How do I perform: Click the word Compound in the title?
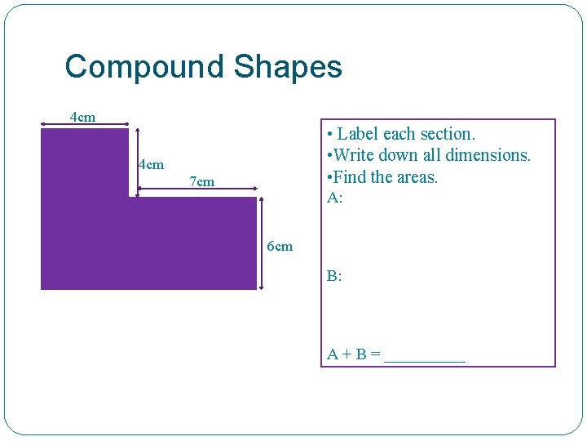(x=146, y=67)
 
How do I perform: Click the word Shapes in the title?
(x=288, y=67)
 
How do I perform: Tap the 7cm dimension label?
(x=202, y=182)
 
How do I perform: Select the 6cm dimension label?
(x=280, y=247)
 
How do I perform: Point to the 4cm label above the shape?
(x=82, y=117)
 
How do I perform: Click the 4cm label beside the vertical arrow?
(x=151, y=165)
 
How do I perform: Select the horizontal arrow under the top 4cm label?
(x=85, y=125)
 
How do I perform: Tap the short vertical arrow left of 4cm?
(x=137, y=161)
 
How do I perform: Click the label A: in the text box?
(x=334, y=198)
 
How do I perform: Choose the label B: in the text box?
(x=334, y=276)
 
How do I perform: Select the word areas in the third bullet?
(x=416, y=176)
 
